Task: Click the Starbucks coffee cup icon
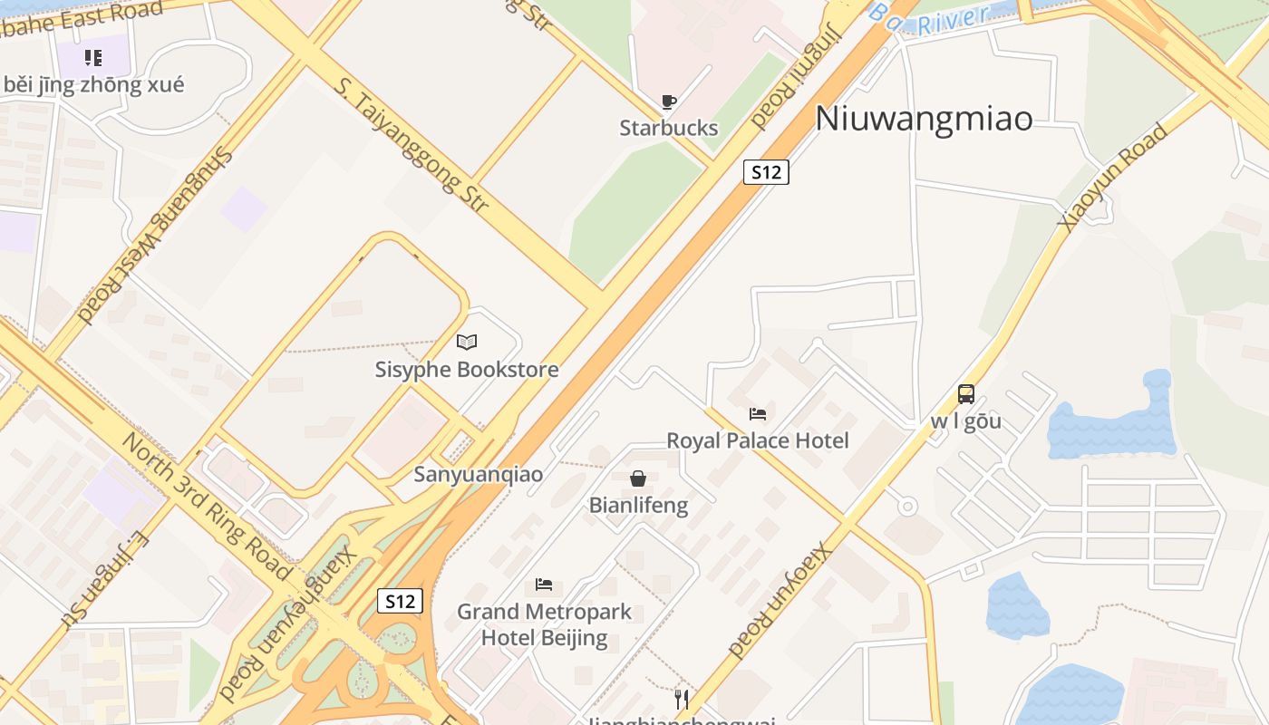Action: (x=669, y=101)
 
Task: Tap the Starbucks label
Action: (x=669, y=128)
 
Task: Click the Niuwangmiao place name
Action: (x=924, y=119)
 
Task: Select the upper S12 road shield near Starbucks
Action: (x=766, y=172)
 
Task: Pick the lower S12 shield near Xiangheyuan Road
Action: (x=400, y=601)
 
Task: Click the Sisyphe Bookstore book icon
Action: (x=467, y=342)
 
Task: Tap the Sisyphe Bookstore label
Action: (x=467, y=370)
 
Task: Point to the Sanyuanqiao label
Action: (x=479, y=474)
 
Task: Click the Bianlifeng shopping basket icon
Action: (x=638, y=478)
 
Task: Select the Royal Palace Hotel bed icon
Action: (x=758, y=414)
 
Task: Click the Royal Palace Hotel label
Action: (x=758, y=440)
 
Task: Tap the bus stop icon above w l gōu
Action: (x=966, y=394)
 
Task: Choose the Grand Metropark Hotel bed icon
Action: (x=544, y=585)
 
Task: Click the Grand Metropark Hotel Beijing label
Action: (x=544, y=624)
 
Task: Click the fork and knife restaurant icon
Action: (x=682, y=699)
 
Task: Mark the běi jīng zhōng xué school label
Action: (x=93, y=85)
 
